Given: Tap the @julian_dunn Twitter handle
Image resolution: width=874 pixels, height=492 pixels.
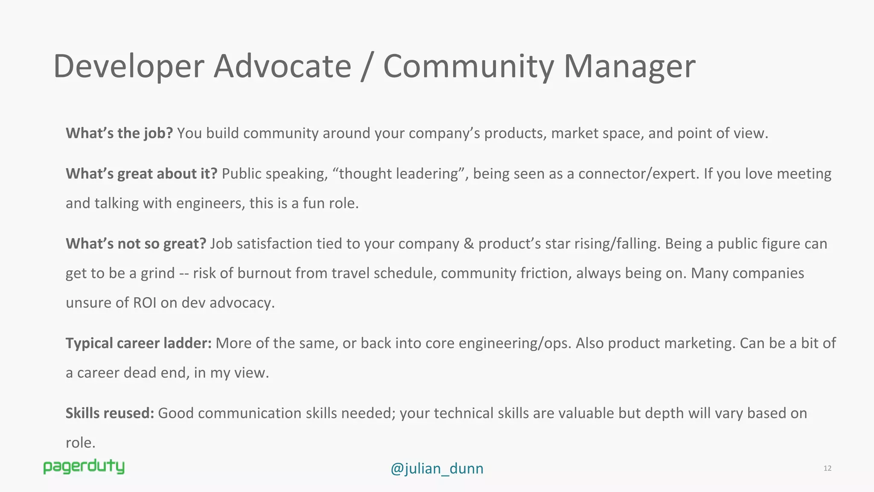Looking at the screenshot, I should [x=437, y=469].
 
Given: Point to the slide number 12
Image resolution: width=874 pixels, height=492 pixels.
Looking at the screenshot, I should [x=827, y=468].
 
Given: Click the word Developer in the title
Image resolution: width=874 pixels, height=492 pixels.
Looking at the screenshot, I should [x=128, y=67].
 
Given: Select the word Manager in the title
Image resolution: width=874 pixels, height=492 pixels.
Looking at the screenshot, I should [x=629, y=67].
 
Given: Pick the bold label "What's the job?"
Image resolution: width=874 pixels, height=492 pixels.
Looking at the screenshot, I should [x=119, y=133].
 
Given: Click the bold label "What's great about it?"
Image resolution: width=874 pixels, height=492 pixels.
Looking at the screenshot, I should [x=141, y=174].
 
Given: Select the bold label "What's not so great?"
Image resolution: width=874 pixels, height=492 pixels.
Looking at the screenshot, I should [x=136, y=244].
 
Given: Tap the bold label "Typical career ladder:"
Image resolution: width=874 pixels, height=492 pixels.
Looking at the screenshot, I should [x=138, y=343].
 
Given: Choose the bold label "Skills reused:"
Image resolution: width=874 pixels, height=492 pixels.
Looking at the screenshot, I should [x=110, y=413].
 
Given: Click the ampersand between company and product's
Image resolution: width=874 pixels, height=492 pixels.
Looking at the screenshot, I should [x=469, y=244].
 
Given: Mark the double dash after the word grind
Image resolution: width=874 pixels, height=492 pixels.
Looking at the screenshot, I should [x=184, y=273].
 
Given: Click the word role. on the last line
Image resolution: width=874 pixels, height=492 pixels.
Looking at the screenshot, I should [x=80, y=443].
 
